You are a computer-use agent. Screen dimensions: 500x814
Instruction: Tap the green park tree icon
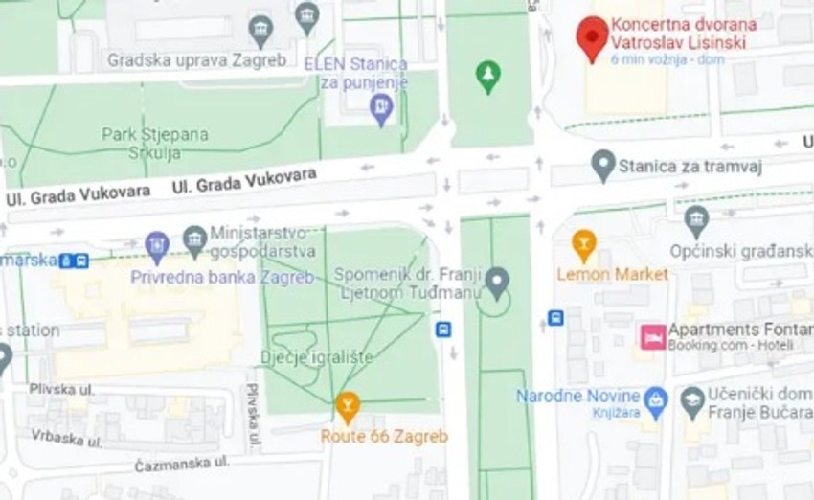489,77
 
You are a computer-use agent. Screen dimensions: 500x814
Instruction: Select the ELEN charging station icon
381,109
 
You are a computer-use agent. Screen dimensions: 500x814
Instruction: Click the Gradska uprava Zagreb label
196,59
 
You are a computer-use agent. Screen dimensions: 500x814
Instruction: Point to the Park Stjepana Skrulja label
155,144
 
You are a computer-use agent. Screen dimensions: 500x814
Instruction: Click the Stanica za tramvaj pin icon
603,167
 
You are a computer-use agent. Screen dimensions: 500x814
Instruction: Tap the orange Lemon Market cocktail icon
583,245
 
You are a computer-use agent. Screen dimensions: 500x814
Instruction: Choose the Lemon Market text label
613,274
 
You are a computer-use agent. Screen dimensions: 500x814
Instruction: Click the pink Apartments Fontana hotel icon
653,336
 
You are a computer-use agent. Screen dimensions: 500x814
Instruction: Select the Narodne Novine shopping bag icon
655,397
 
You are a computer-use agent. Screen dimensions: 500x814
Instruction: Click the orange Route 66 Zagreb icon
348,408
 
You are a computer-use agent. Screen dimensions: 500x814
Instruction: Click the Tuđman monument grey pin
496,283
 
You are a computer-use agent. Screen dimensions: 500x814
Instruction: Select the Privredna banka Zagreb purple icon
157,246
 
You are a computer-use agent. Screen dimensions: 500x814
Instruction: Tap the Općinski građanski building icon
696,221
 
